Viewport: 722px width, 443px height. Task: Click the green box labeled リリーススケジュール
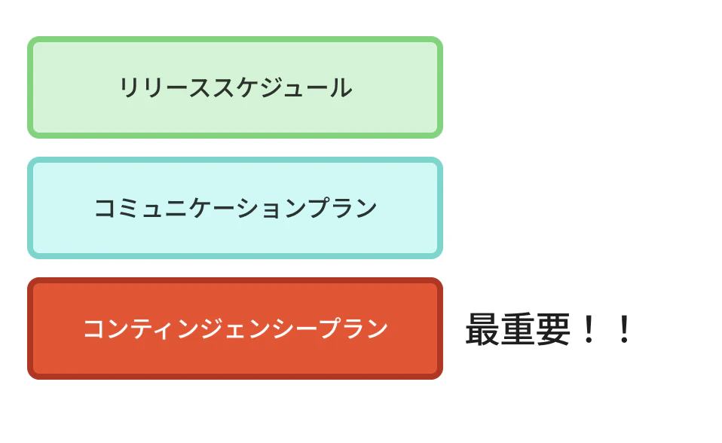(x=235, y=87)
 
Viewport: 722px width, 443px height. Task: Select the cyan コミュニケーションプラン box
(x=235, y=208)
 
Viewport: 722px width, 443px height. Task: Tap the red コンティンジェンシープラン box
(x=235, y=328)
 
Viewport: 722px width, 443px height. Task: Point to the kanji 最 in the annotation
(x=482, y=328)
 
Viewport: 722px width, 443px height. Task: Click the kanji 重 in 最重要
(x=518, y=328)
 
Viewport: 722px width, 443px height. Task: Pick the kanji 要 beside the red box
(x=553, y=328)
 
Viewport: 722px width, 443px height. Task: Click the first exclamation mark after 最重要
(x=589, y=328)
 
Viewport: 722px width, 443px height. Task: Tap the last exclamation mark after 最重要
(x=624, y=328)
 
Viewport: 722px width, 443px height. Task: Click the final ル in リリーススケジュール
(x=341, y=87)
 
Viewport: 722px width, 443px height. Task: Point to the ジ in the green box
(x=271, y=87)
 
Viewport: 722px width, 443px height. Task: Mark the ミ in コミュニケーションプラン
(x=129, y=208)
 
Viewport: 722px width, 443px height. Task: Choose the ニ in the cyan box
(x=176, y=208)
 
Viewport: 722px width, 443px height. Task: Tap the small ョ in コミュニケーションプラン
(x=271, y=210)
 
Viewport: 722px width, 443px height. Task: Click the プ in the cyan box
(x=319, y=208)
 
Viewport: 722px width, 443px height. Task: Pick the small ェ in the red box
(x=235, y=331)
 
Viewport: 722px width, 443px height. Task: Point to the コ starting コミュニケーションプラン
(x=106, y=208)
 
